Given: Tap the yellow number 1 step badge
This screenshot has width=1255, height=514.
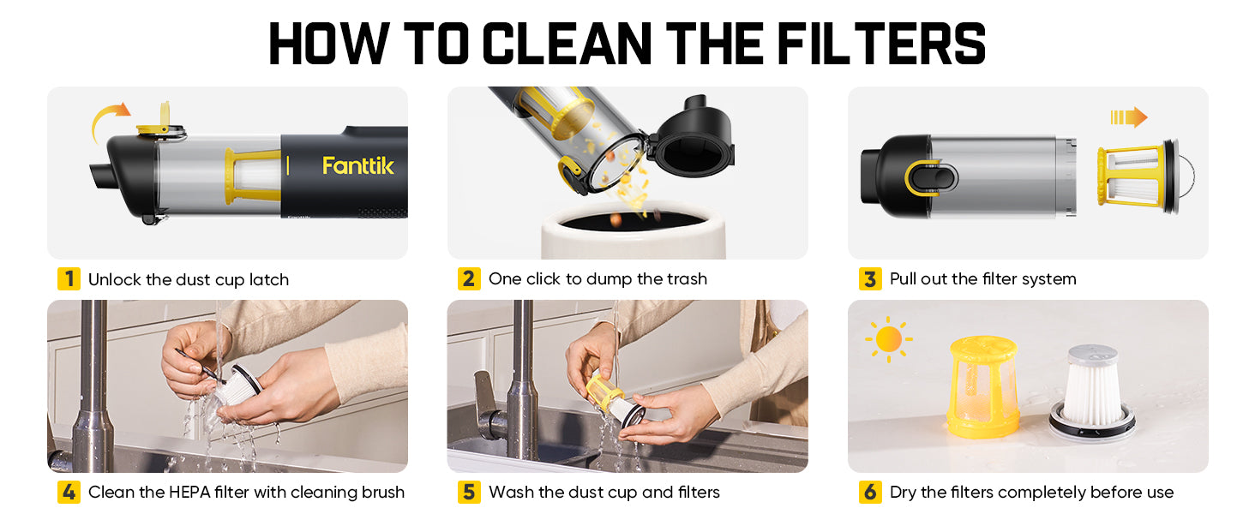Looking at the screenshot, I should point(69,279).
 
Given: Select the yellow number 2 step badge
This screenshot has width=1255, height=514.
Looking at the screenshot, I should point(469,278).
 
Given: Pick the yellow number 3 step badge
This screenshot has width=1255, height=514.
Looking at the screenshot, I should point(870,278).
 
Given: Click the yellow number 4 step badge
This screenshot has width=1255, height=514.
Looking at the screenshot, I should point(69,492).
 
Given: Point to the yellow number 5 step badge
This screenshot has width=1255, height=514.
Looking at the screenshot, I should point(469,492).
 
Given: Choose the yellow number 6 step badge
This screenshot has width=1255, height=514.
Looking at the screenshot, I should point(870,492).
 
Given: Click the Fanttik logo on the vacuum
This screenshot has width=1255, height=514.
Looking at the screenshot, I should point(358,165).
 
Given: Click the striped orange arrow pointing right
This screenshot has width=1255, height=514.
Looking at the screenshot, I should point(1128,117).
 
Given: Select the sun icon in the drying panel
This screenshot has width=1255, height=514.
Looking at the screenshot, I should point(889,339).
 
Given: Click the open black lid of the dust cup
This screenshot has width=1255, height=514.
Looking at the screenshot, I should point(692,137).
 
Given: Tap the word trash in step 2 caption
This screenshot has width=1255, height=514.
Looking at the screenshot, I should point(687,278).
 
